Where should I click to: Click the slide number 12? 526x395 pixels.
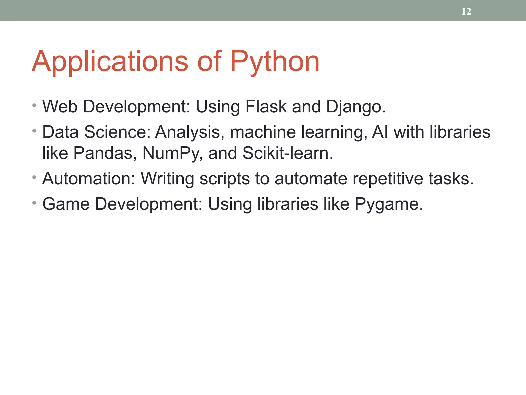coord(466,11)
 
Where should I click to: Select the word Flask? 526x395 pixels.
coord(266,106)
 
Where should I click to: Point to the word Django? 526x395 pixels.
coord(355,106)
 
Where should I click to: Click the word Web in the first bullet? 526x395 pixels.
coord(60,106)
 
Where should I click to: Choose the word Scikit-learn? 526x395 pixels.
coord(287,153)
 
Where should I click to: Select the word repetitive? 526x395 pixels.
coord(388,178)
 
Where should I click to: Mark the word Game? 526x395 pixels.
coord(66,204)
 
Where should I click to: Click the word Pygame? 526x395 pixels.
coord(388,204)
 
